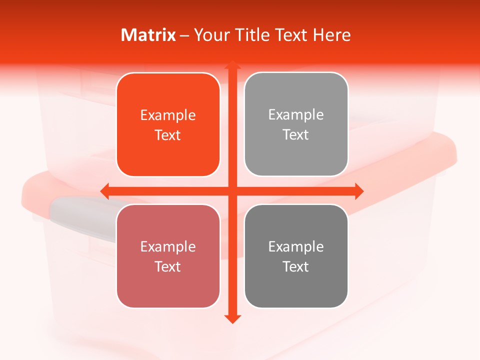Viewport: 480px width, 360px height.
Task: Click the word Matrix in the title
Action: click(148, 35)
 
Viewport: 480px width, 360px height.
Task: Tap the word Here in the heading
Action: click(331, 35)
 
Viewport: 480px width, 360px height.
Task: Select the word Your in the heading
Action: click(212, 35)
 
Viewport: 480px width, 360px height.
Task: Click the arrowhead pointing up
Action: click(232, 65)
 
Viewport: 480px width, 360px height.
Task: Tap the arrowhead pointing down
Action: click(232, 319)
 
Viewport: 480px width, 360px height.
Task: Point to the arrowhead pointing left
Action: click(105, 191)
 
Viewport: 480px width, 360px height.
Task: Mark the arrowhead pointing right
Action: click(359, 191)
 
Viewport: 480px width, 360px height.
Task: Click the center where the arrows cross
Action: click(232, 191)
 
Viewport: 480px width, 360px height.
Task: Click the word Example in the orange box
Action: click(168, 115)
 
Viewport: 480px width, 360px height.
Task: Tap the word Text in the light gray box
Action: click(296, 135)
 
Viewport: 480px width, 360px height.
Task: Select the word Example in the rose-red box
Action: click(168, 247)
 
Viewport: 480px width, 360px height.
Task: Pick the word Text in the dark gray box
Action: click(296, 266)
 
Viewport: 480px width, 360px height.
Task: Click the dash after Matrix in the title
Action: click(184, 35)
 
